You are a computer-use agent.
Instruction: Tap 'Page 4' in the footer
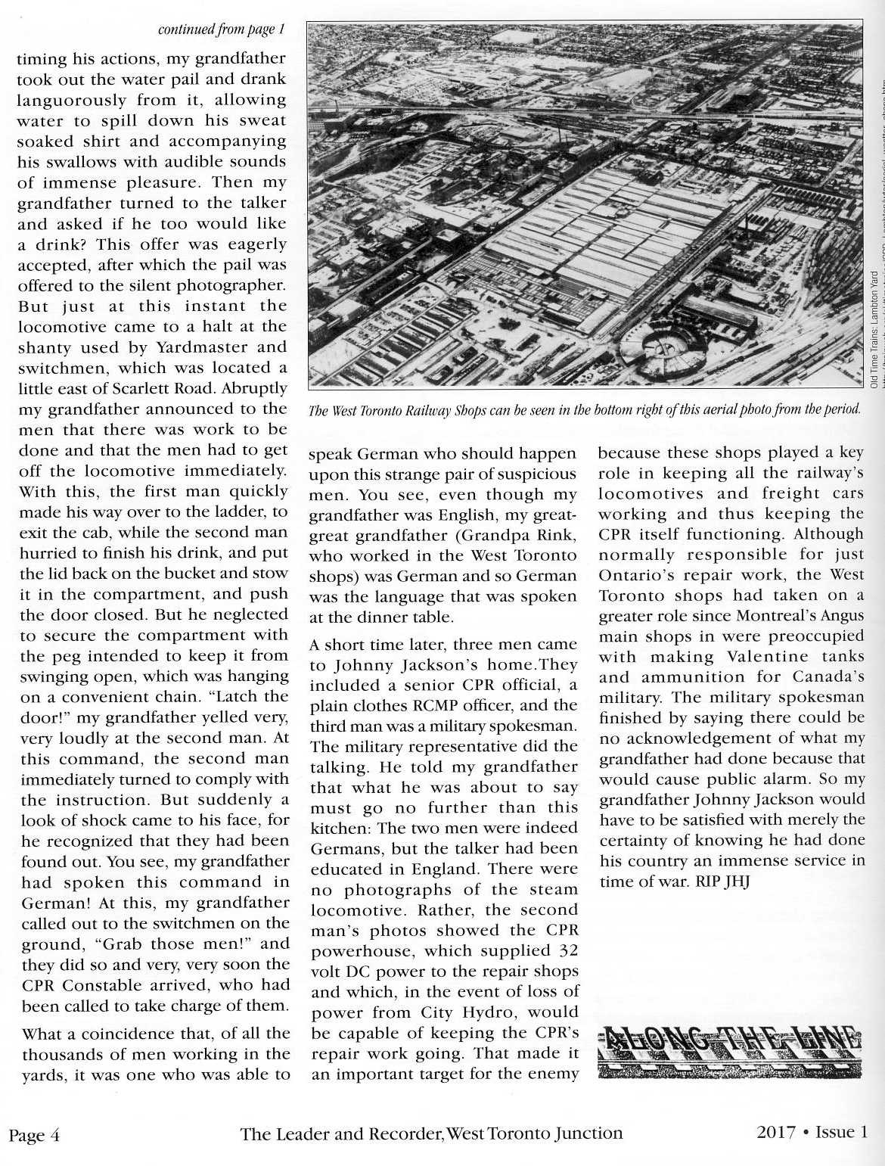tap(34, 1135)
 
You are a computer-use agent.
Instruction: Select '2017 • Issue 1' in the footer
tap(811, 1132)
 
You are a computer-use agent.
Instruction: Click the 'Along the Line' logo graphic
tap(730, 1050)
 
